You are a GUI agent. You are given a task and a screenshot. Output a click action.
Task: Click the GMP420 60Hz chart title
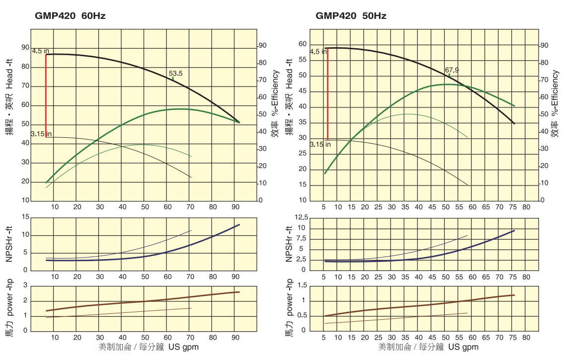(x=70, y=16)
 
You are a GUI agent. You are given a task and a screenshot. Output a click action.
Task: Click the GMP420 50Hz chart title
(x=351, y=16)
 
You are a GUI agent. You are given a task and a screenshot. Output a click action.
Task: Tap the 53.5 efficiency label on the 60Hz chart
(x=176, y=74)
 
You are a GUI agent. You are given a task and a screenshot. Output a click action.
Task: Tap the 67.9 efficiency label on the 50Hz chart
(x=452, y=70)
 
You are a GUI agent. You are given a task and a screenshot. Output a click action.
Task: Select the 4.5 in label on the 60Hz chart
(x=41, y=51)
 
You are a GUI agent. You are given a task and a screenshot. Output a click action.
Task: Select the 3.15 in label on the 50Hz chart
(x=320, y=144)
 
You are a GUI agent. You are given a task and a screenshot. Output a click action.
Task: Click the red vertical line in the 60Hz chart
(x=46, y=94)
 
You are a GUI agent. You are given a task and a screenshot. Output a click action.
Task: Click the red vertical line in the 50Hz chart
(x=327, y=94)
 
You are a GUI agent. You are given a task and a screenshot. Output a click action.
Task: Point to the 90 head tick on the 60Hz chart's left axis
(x=25, y=47)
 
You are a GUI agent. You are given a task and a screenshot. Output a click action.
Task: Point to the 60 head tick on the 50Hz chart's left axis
(x=303, y=44)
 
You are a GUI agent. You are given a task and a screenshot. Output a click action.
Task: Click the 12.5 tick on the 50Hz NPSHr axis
(x=302, y=217)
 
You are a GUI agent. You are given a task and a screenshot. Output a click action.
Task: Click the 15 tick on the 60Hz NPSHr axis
(x=26, y=217)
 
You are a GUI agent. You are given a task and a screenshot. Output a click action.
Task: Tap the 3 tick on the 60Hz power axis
(x=26, y=286)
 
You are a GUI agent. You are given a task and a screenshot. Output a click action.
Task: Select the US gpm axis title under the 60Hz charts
(x=149, y=347)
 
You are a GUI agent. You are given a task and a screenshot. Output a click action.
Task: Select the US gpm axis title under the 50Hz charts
(x=428, y=347)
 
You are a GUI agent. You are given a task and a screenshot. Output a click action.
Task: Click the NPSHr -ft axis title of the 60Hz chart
(x=9, y=244)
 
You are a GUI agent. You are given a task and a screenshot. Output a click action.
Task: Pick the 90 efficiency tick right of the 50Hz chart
(x=544, y=45)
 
